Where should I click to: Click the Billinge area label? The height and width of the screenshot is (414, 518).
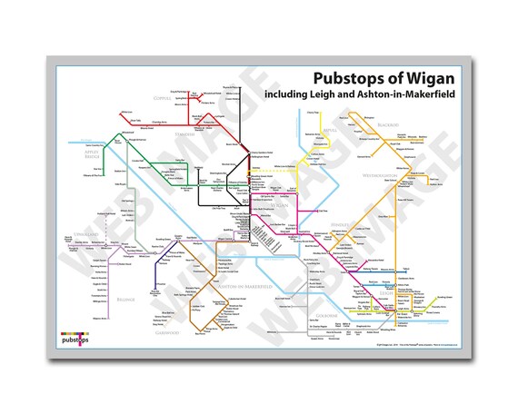pyautogui.click(x=127, y=296)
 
